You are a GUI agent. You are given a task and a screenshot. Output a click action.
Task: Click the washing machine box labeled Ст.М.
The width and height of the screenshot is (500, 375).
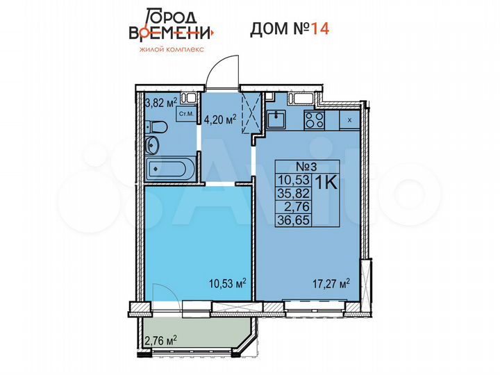186,113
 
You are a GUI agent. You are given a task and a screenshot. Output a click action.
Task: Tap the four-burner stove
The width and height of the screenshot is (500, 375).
315,119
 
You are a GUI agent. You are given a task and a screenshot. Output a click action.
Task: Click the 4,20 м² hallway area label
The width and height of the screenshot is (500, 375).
220,119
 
